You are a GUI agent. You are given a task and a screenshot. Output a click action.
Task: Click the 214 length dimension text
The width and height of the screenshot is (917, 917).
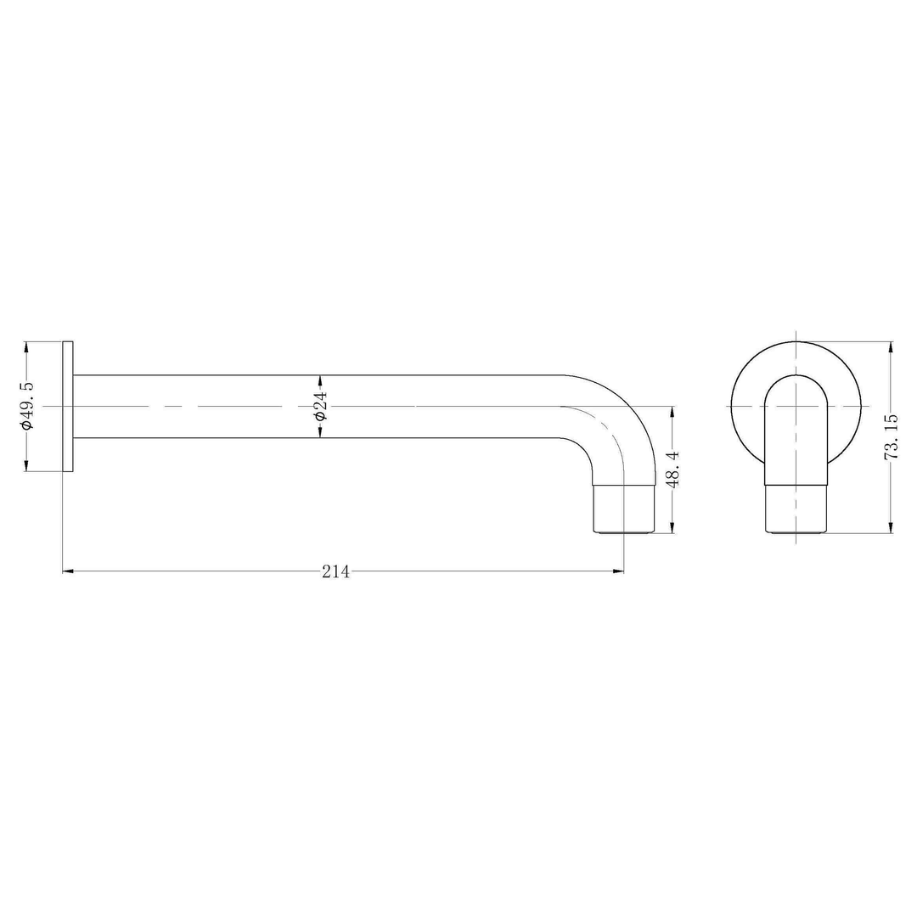click(336, 572)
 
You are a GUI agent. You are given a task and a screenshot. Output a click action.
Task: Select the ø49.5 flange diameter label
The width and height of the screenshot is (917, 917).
click(27, 406)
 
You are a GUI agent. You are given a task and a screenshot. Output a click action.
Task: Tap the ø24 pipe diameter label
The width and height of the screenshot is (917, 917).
click(320, 407)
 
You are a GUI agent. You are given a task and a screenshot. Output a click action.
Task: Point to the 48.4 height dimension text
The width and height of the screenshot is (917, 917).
click(672, 470)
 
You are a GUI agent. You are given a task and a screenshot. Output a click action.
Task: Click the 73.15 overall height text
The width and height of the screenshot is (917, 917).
click(891, 437)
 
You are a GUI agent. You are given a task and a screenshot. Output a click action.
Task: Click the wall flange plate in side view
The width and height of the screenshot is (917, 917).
click(68, 406)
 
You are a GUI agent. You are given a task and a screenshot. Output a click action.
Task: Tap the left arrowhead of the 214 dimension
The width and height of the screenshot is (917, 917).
click(68, 571)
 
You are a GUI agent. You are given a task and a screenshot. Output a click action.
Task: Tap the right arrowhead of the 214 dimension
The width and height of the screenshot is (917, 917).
click(619, 571)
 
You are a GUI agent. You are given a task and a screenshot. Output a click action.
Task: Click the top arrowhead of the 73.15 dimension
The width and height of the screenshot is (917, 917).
click(891, 346)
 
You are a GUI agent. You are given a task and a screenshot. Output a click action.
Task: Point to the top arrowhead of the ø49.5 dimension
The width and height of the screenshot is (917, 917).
click(27, 347)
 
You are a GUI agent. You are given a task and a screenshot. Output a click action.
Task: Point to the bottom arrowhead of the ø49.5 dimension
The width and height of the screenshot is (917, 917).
click(27, 465)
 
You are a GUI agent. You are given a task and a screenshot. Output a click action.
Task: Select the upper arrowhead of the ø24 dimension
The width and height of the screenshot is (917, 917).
click(320, 380)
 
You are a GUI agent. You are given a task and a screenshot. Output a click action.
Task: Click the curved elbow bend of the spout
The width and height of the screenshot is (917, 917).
click(624, 416)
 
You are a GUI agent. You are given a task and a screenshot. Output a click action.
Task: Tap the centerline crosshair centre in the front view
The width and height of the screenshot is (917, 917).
click(796, 406)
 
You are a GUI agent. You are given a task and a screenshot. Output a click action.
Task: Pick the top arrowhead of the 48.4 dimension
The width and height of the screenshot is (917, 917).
click(672, 412)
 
